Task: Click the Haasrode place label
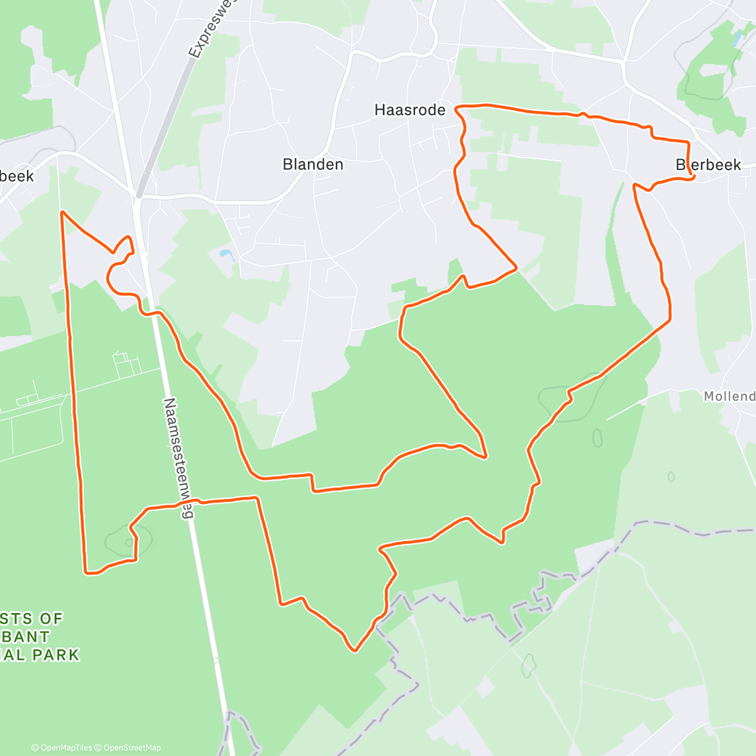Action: pos(409,110)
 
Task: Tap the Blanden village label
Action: pos(313,164)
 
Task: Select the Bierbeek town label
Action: pos(708,165)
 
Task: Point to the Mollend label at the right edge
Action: pos(730,396)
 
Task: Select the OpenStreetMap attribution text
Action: pos(132,748)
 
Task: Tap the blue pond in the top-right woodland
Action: pos(736,39)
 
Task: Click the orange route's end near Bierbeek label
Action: pos(693,178)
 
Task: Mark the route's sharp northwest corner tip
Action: pos(62,212)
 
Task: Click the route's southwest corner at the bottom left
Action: pos(87,572)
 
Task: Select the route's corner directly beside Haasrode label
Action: pos(457,108)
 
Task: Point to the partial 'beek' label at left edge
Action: pos(17,177)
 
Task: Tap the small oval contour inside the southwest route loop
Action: pos(129,542)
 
